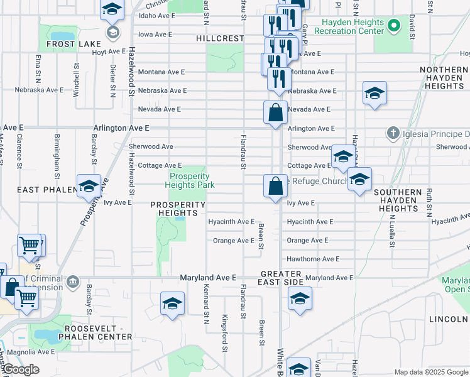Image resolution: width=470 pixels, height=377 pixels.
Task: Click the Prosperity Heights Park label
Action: click(190, 180)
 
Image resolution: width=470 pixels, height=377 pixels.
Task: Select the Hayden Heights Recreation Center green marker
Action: click(394, 26)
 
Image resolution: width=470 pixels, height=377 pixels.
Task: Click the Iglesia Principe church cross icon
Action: click(393, 133)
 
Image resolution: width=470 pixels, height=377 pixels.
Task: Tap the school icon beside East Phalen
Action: click(89, 185)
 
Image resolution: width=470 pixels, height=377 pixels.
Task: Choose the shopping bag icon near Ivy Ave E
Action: click(275, 187)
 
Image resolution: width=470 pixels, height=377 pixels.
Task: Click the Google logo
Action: click(21, 369)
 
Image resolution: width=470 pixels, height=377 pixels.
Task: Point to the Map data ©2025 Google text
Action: click(432, 372)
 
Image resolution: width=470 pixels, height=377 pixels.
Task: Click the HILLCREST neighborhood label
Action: click(220, 38)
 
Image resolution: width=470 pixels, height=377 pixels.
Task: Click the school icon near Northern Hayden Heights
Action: click(374, 94)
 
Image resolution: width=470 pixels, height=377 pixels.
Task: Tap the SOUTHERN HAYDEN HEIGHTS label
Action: click(407, 200)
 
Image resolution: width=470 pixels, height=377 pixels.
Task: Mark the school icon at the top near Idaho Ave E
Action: click(112, 9)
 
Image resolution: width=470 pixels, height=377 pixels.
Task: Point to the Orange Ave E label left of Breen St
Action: click(233, 241)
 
